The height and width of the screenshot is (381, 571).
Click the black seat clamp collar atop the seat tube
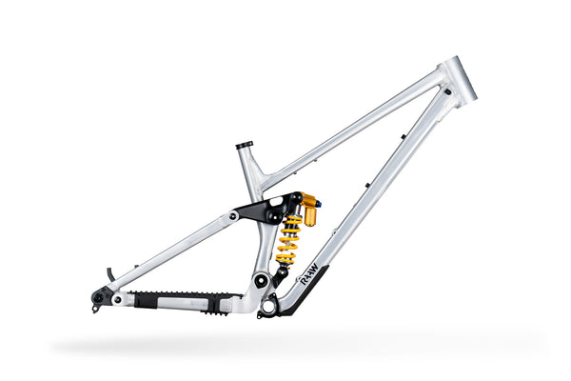click(x=245, y=145)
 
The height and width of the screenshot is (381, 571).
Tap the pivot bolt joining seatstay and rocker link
click(x=233, y=215)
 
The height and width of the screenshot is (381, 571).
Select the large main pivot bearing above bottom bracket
click(x=258, y=280)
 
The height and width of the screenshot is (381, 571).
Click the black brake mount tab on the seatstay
click(x=110, y=274)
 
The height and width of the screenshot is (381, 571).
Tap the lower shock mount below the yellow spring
click(x=281, y=271)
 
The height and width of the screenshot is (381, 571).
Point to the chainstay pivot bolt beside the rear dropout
click(x=117, y=298)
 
